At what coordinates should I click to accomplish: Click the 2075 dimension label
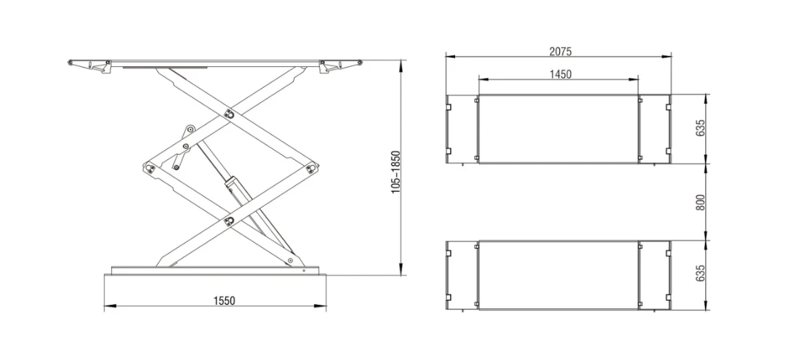[560, 51]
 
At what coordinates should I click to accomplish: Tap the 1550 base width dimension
[225, 300]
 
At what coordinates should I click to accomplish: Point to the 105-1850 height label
[395, 172]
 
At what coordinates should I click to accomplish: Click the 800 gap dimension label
[701, 201]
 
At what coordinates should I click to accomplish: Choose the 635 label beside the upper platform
[701, 129]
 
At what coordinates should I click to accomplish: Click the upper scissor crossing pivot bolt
[229, 113]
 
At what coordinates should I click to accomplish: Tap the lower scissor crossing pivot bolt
[229, 220]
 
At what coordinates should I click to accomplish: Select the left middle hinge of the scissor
[149, 167]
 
